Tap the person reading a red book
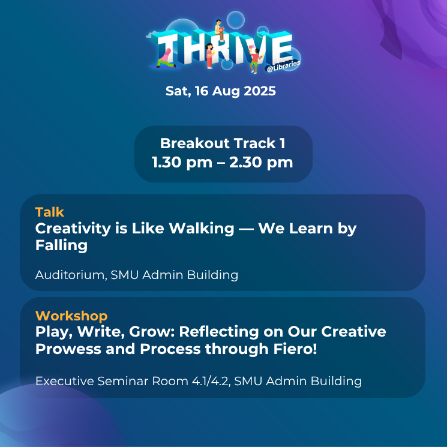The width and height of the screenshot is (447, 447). pos(219,31)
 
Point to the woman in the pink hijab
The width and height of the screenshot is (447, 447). pos(166,58)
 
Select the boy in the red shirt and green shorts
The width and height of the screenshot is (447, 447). pos(254,61)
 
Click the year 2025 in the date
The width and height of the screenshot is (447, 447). pos(260,91)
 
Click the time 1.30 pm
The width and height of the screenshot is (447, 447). pos(182,162)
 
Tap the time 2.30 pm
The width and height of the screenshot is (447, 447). pos(261,162)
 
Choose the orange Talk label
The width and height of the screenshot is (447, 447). pos(50,212)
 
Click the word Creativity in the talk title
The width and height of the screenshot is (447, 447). pos(73,229)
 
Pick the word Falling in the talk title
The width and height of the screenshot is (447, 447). pos(61,246)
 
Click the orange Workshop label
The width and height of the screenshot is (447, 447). pos(71,316)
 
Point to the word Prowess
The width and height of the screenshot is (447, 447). pos(68,349)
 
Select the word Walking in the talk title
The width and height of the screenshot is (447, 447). pos(201,229)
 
